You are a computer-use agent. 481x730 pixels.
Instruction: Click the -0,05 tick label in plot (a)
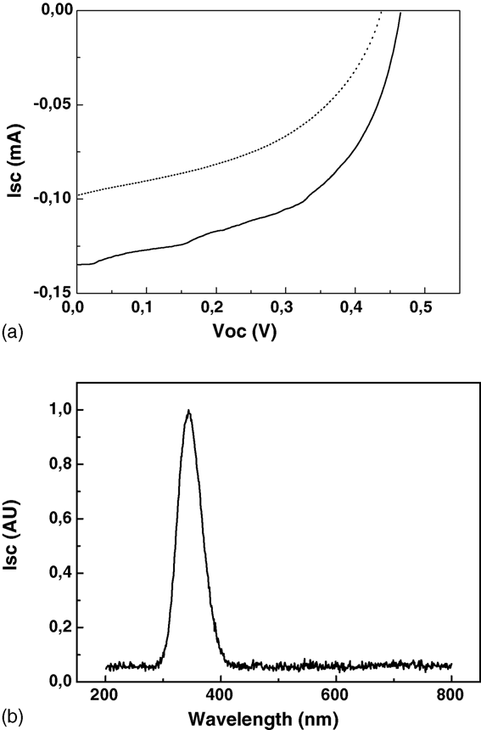pyautogui.click(x=51, y=104)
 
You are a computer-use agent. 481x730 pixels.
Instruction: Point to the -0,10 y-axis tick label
pyautogui.click(x=51, y=199)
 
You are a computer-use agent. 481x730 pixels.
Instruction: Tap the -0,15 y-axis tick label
pyautogui.click(x=51, y=292)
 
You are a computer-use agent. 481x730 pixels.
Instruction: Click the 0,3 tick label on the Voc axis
pyautogui.click(x=285, y=308)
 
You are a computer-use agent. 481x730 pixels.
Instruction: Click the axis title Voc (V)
pyautogui.click(x=244, y=331)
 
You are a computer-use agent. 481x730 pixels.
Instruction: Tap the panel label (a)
pyautogui.click(x=12, y=333)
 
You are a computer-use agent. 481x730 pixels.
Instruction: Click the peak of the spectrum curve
pyautogui.click(x=188, y=410)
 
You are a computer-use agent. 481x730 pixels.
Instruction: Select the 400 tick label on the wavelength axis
pyautogui.click(x=220, y=695)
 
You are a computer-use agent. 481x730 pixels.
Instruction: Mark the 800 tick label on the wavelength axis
pyautogui.click(x=450, y=695)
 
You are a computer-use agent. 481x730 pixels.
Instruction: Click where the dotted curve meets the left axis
pyautogui.click(x=76, y=194)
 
